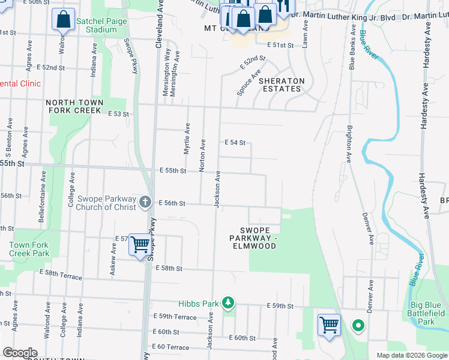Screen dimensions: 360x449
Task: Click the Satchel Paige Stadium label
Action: tap(97, 25)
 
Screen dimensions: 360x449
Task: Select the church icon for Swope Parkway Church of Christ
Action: tap(145, 203)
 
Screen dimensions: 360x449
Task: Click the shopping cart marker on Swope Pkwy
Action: tap(140, 245)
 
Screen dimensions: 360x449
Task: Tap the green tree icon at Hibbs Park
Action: tap(228, 302)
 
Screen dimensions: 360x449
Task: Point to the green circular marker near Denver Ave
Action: tap(358, 326)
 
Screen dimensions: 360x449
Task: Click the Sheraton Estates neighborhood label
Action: tap(282, 85)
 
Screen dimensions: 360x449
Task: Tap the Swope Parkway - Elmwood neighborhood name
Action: tap(253, 238)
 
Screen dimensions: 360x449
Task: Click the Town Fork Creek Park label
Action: tap(29, 249)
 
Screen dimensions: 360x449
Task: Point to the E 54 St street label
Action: tap(235, 142)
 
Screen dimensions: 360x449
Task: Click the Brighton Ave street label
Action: tap(348, 144)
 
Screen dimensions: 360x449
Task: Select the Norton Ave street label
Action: tap(203, 154)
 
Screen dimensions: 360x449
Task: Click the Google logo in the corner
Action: tap(20, 353)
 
